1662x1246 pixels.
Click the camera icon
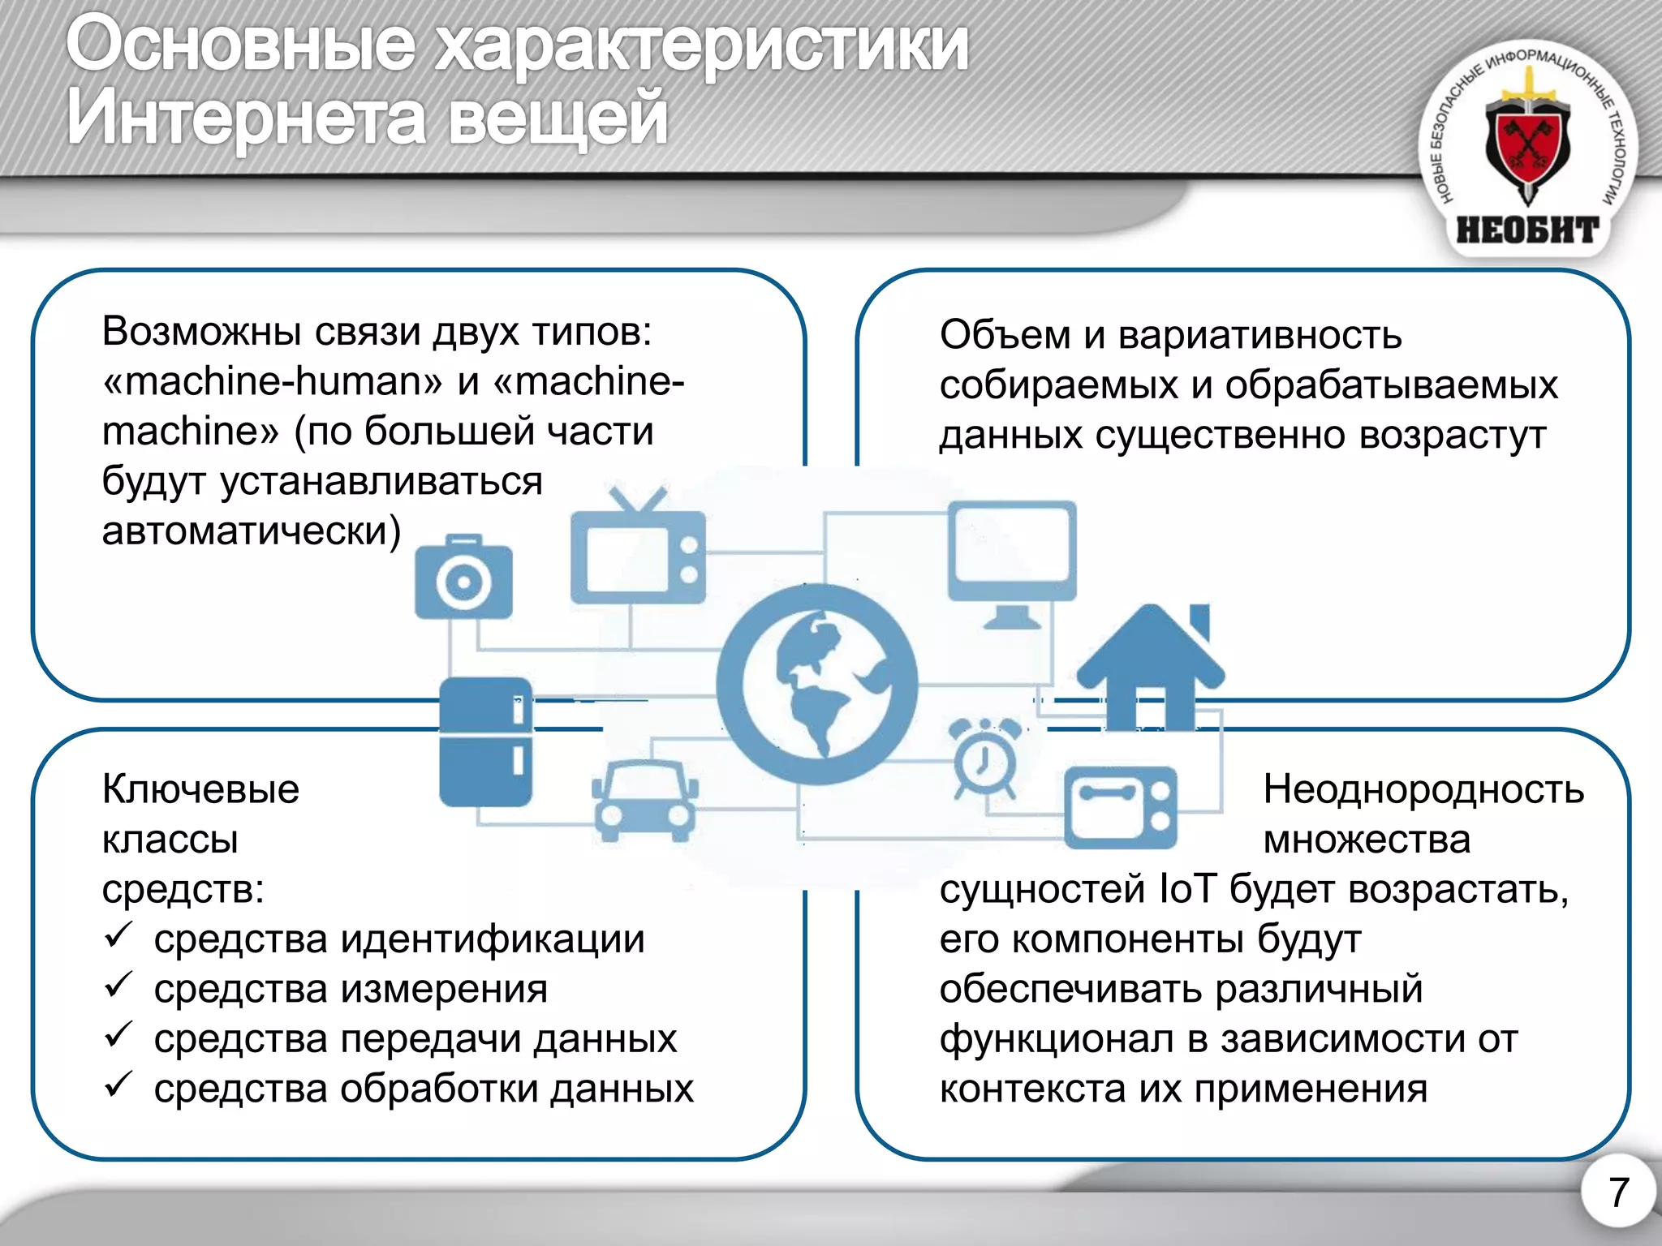463,578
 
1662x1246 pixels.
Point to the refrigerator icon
485,741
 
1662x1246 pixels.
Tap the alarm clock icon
984,758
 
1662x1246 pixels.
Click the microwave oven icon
1120,807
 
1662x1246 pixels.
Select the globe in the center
816,684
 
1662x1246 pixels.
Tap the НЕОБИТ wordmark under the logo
1527,230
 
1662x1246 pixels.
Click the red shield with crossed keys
1528,147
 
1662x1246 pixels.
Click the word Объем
1005,334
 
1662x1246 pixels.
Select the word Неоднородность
1423,788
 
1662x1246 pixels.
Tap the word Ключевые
200,788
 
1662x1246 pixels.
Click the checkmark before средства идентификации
118,936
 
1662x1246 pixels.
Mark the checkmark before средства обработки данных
118,1085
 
